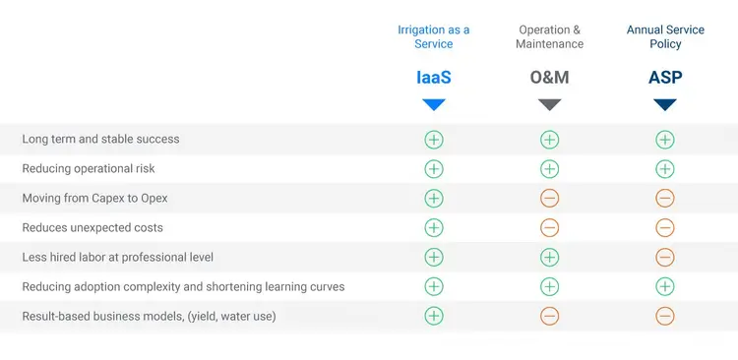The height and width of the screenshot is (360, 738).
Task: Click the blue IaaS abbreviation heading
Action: coord(434,78)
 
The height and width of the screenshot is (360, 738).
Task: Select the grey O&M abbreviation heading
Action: coord(549,78)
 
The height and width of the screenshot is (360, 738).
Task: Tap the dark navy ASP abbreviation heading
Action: coord(665,78)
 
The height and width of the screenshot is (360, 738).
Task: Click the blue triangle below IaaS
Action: coord(434,104)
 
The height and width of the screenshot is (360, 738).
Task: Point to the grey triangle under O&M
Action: coord(549,104)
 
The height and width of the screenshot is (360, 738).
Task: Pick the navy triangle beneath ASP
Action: coord(665,104)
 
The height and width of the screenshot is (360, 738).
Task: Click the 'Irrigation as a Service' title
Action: coord(434,36)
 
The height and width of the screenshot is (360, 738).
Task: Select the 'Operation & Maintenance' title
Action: coord(549,36)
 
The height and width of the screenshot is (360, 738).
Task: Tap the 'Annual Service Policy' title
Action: coord(665,36)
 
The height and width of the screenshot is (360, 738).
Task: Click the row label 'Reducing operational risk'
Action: coord(89,168)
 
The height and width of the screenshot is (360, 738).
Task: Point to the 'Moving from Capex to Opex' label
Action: coord(94,198)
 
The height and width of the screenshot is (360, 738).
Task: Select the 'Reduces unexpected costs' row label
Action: coord(92,228)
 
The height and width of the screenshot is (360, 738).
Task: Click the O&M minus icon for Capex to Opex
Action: coord(549,198)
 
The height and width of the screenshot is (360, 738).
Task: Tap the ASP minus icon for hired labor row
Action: coord(665,258)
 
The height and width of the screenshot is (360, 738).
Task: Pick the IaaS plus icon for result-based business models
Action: coord(434,316)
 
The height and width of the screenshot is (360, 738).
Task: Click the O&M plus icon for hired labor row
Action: coord(549,258)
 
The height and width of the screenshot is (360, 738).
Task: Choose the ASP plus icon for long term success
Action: coord(665,140)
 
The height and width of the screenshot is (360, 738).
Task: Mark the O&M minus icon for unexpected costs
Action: coord(549,228)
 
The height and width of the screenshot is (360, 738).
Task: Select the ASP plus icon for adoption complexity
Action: coord(665,286)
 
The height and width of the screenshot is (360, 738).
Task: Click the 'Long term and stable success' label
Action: coord(100,140)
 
